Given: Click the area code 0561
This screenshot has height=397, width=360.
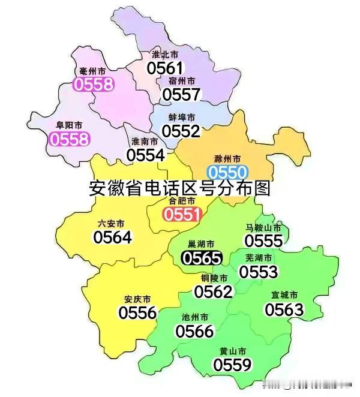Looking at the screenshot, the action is [x=165, y=68].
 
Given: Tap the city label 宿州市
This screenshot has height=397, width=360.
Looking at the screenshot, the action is [x=181, y=80].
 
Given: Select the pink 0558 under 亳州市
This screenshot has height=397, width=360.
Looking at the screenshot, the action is [x=93, y=84].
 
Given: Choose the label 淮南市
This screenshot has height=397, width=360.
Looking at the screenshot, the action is [x=145, y=142].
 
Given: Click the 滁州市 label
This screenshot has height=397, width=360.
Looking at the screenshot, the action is [x=227, y=158].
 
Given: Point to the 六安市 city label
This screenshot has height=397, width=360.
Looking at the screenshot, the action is [x=111, y=223].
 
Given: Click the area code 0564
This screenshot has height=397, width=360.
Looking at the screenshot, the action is [x=112, y=237].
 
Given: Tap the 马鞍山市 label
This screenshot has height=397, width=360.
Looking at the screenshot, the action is [x=263, y=228].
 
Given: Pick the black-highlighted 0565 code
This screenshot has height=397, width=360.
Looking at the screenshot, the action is [x=202, y=258].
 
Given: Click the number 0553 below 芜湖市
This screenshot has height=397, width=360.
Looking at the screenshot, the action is [x=259, y=272].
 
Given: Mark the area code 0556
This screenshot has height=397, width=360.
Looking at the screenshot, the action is [x=137, y=312].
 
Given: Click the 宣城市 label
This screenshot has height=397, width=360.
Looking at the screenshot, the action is [x=284, y=295].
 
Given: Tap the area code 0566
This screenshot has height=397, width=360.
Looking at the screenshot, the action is [x=194, y=331].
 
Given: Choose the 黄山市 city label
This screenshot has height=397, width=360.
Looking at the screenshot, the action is [x=232, y=351].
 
